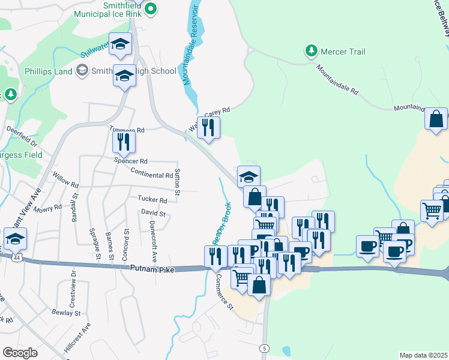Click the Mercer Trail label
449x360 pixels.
coord(343,52)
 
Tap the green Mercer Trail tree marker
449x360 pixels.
coord(311,51)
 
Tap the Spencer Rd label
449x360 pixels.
coord(131,161)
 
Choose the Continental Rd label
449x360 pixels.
coord(151,175)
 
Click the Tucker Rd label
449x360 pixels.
coord(152,200)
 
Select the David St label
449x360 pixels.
coord(152,213)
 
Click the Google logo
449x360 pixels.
coord(20,353)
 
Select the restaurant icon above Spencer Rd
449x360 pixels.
coord(124,142)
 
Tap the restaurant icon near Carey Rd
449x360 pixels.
coord(208,127)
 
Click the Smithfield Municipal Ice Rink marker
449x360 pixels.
coord(151,9)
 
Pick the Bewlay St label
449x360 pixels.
coord(66,313)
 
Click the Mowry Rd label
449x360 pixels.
coord(49,208)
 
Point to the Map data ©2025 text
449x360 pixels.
coord(423,355)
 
